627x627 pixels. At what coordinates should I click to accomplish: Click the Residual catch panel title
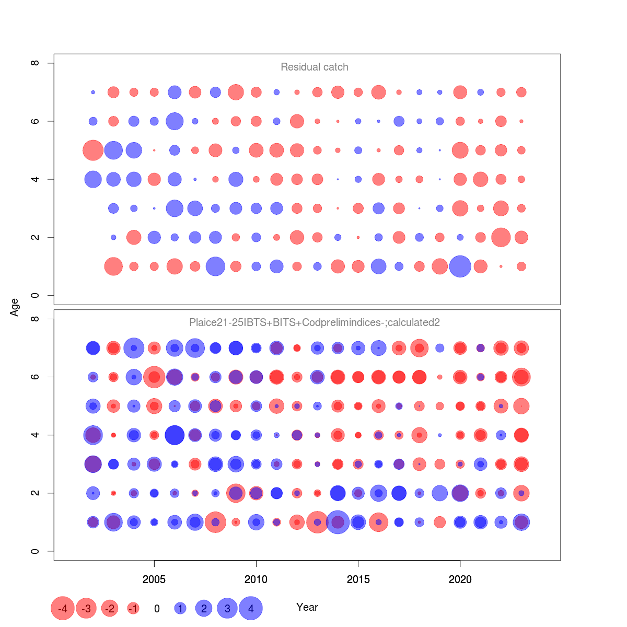pos(314,67)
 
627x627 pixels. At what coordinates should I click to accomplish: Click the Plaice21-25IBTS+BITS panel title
pos(314,322)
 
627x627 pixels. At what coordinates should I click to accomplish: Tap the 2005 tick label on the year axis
pos(154,579)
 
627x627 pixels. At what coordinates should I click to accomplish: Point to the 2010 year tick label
pos(256,579)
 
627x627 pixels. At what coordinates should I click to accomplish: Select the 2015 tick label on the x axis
pos(358,579)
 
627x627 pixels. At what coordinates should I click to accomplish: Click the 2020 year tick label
pos(460,579)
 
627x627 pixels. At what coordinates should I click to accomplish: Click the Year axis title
pos(307,607)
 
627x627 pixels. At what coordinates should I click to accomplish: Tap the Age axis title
pos(15,307)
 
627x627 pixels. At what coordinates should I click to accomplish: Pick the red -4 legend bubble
pos(63,608)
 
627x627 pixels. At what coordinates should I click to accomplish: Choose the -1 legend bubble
pos(133,608)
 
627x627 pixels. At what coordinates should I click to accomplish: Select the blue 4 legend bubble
pos(251,608)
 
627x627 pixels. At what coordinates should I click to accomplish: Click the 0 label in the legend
pos(157,609)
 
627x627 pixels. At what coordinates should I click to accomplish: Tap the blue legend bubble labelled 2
pos(204,608)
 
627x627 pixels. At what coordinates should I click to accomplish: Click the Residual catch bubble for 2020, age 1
pos(460,266)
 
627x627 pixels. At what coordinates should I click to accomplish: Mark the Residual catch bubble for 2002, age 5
pos(93,150)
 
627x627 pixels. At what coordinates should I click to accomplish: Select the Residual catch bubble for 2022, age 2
pos(501,237)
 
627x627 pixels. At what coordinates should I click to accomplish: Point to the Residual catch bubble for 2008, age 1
pos(215,266)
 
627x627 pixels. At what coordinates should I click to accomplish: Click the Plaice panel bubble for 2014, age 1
pos(338,522)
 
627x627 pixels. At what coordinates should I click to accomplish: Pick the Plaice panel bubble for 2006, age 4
pos(175,435)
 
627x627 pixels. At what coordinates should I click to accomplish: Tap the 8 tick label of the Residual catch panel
pos(35,63)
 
